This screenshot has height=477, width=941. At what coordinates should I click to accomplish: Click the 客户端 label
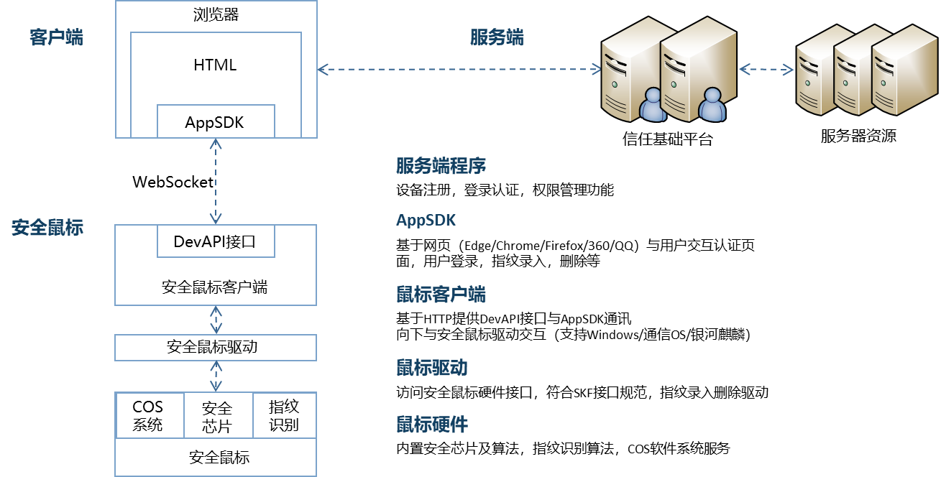(56, 37)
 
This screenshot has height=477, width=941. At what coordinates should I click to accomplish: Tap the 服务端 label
(497, 37)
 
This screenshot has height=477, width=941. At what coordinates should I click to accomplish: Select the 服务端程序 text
(441, 166)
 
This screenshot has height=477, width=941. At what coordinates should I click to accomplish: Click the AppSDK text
(426, 220)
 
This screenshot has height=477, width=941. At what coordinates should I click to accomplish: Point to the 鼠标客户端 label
(441, 295)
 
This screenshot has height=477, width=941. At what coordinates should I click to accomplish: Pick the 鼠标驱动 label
(431, 369)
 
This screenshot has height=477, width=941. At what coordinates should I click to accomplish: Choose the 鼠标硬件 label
(431, 425)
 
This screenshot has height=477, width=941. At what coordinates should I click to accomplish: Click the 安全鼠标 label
(47, 228)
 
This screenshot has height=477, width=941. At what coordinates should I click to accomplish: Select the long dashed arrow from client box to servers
(459, 69)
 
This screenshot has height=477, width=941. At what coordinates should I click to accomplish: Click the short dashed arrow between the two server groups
(766, 70)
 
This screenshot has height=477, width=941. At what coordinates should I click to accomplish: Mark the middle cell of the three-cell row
(219, 415)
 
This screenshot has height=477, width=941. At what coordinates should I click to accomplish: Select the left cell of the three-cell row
(150, 415)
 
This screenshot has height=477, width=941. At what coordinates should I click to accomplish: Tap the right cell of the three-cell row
(284, 415)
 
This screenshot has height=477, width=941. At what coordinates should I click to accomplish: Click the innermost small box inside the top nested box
(216, 121)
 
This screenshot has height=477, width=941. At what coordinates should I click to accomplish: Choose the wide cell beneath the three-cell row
(216, 456)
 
